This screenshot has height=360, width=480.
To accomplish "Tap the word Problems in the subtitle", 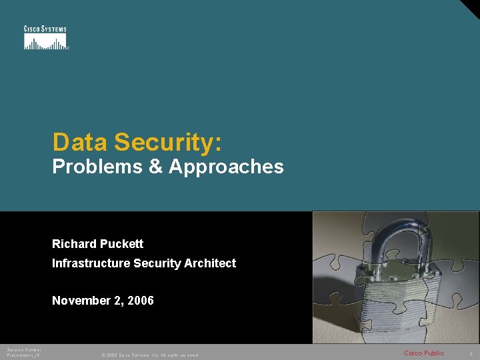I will pyautogui.click(x=96, y=167).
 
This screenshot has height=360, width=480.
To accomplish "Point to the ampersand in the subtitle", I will pyautogui.click(x=155, y=167).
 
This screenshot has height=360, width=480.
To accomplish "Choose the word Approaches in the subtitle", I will pyautogui.click(x=226, y=167).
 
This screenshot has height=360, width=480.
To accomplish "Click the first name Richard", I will pyautogui.click(x=73, y=244).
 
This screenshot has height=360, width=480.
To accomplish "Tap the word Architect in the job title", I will pyautogui.click(x=211, y=263).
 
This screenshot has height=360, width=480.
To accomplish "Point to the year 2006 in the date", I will pyautogui.click(x=140, y=301).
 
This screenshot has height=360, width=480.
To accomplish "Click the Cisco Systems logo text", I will pyautogui.click(x=45, y=29).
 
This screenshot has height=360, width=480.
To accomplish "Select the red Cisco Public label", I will pyautogui.click(x=424, y=353).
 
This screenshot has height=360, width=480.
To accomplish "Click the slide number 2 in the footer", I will pyautogui.click(x=471, y=353).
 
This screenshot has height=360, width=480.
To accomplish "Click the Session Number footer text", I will pyautogui.click(x=24, y=349).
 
